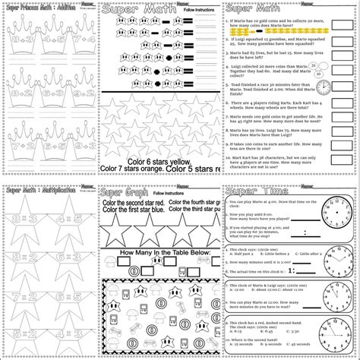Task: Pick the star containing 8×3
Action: [23, 221]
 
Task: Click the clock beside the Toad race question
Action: [324, 85]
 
